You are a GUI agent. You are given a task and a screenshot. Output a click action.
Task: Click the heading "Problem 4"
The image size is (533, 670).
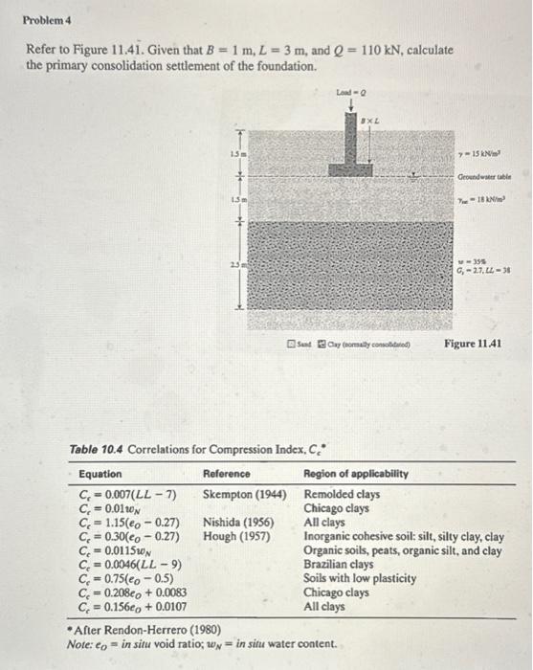click(x=44, y=17)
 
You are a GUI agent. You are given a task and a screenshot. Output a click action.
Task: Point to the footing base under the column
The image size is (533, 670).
click(x=350, y=169)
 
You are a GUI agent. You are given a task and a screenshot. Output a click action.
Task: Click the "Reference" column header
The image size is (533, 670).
click(x=226, y=474)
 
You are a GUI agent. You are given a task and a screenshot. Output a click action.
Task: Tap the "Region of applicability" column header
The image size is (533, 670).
click(x=356, y=474)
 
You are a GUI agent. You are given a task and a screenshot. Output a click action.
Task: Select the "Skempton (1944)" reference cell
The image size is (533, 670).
click(x=244, y=495)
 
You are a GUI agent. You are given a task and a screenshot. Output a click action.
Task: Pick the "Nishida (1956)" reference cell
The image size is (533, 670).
click(x=238, y=523)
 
